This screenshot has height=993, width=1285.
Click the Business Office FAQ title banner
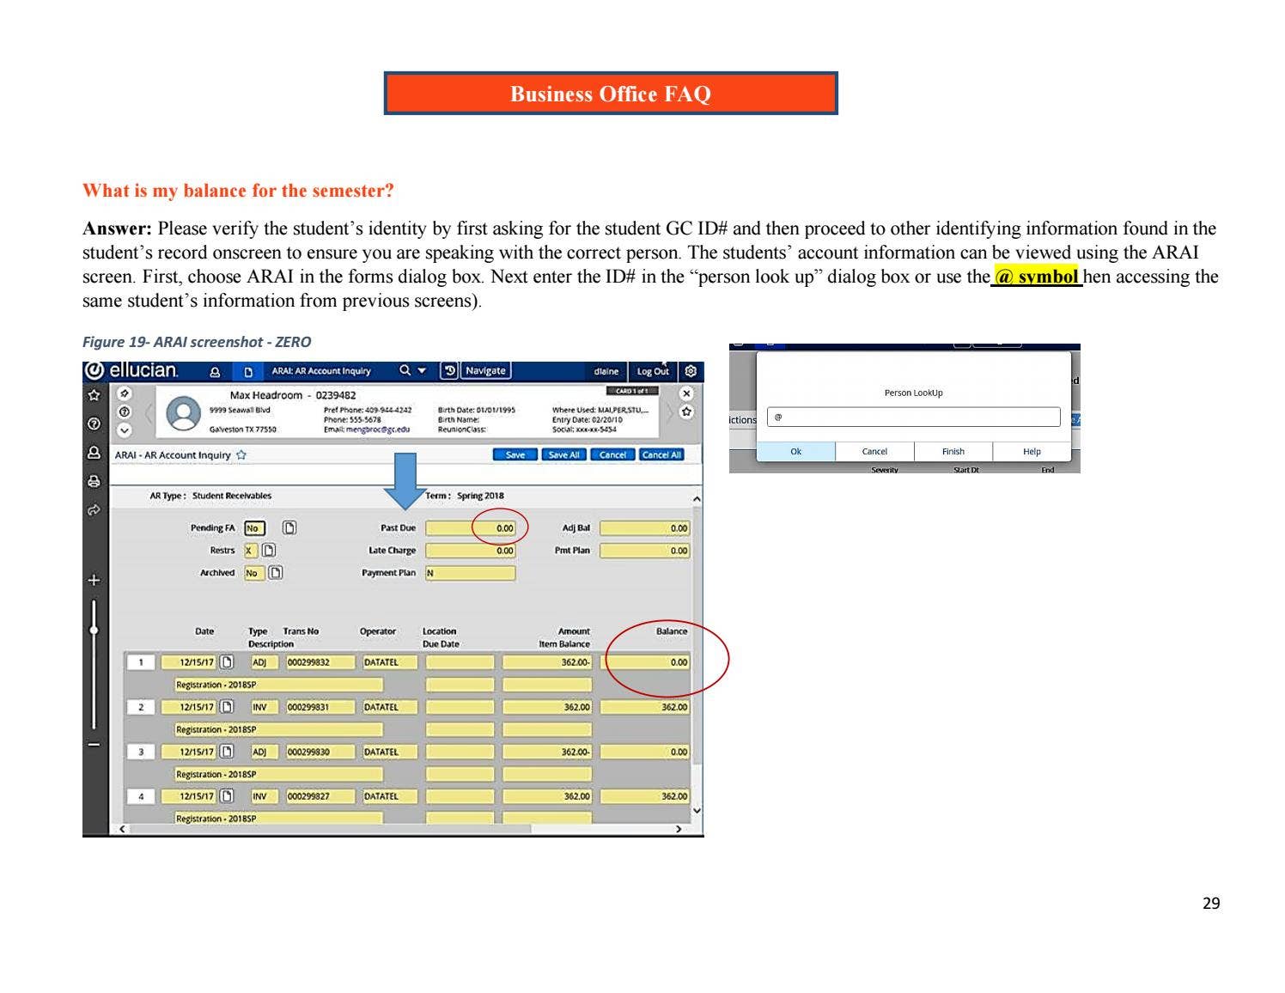click(x=610, y=94)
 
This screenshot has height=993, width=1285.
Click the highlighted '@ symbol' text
click(x=1036, y=277)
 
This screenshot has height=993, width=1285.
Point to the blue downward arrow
click(x=404, y=481)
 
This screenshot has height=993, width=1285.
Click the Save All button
click(x=563, y=455)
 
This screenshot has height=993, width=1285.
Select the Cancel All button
click(x=661, y=455)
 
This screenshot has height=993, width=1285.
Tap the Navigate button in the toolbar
click(x=485, y=371)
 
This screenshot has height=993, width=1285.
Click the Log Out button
click(x=652, y=371)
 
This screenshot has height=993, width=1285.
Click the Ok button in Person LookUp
click(x=795, y=452)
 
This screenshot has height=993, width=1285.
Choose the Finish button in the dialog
click(x=953, y=452)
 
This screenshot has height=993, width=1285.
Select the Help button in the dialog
click(x=1032, y=452)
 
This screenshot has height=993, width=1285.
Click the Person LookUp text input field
click(x=913, y=417)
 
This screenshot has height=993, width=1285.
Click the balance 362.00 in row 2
click(x=645, y=707)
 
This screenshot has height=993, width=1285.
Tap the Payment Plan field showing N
click(x=470, y=573)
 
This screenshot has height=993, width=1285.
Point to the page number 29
click(x=1210, y=903)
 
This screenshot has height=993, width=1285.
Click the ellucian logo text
click(x=143, y=371)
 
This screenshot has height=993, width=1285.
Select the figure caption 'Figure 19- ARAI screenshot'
click(x=196, y=342)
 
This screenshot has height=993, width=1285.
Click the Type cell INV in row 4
click(x=259, y=796)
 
